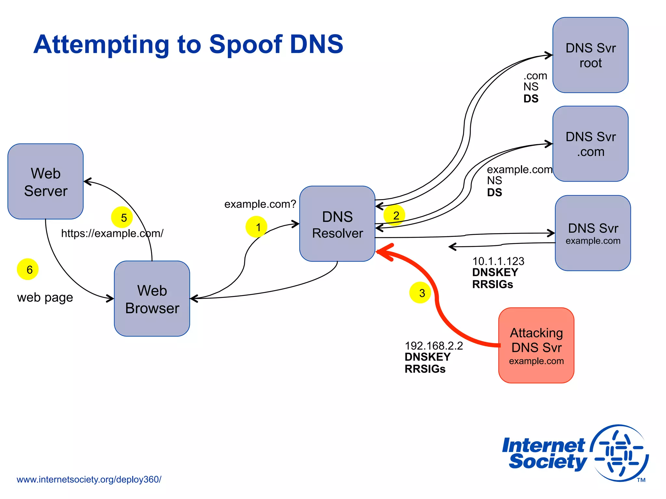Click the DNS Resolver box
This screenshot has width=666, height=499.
tap(337, 224)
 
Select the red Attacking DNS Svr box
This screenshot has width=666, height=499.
tap(536, 345)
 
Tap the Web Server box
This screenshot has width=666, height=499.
tap(46, 182)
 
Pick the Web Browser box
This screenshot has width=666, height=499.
tap(152, 299)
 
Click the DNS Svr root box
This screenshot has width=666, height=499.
tap(590, 55)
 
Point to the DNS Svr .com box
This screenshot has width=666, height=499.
tap(590, 144)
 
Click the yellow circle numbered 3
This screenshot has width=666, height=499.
tap(420, 293)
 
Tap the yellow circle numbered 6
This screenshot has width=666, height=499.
tap(28, 269)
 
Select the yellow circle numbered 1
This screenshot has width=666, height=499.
tap(256, 227)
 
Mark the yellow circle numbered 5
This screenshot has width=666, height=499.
tap(122, 217)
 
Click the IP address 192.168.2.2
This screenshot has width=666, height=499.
tap(433, 346)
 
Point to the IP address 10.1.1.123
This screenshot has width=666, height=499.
tap(498, 261)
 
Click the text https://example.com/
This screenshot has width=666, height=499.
tap(112, 233)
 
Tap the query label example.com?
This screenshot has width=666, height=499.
tap(260, 204)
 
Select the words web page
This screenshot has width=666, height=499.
tap(45, 298)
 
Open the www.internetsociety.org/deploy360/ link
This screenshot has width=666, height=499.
tap(89, 480)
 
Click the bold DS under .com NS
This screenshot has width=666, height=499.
tap(531, 99)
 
